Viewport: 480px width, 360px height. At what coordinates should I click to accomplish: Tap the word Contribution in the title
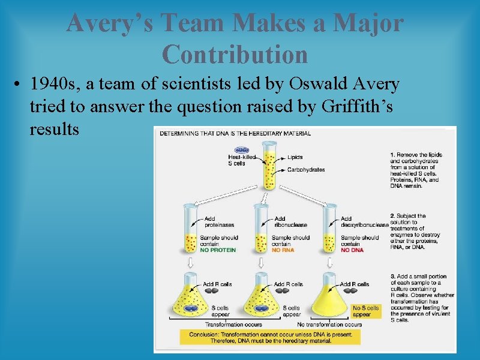click(x=235, y=55)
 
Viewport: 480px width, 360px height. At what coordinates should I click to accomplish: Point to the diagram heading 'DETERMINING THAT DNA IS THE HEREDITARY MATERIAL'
click(x=235, y=133)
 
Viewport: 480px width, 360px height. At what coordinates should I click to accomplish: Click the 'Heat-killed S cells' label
click(x=242, y=160)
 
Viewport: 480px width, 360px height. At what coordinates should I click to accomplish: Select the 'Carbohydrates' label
click(x=305, y=170)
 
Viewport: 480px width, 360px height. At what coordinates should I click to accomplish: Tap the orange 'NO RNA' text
click(x=283, y=250)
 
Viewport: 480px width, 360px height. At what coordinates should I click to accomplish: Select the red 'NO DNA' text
click(x=352, y=250)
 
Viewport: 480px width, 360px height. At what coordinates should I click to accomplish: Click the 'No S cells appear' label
click(x=365, y=311)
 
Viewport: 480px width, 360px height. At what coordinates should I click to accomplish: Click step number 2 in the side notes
click(x=392, y=216)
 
